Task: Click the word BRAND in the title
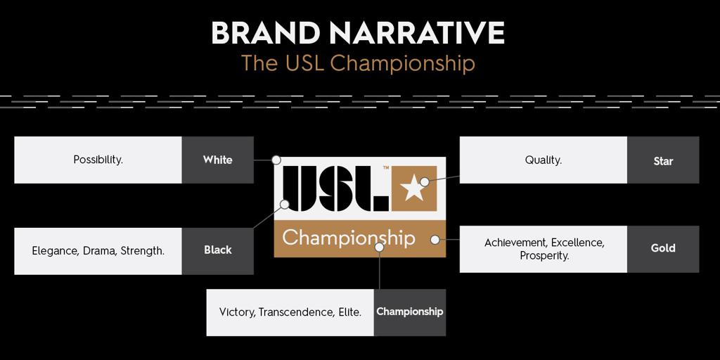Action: coord(265,33)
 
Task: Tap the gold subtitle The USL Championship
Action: coord(358,64)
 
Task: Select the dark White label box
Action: coord(218,160)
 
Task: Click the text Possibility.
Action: coord(98,160)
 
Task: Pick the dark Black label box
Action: coord(218,251)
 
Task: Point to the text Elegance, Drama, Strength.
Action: coord(98,251)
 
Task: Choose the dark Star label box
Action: coord(663,160)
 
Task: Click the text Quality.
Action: coord(544,160)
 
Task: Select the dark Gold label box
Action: coord(663,249)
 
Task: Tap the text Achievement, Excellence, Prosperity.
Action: coord(545,249)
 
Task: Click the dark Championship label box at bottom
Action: coord(410,312)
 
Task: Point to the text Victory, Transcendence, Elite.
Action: coord(290,312)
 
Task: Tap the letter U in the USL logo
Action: coord(300,188)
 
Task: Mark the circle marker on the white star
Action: coord(425,182)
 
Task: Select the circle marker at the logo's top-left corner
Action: coord(276,160)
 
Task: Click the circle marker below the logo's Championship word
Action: coord(379,247)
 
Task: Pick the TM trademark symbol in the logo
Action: coord(386,168)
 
